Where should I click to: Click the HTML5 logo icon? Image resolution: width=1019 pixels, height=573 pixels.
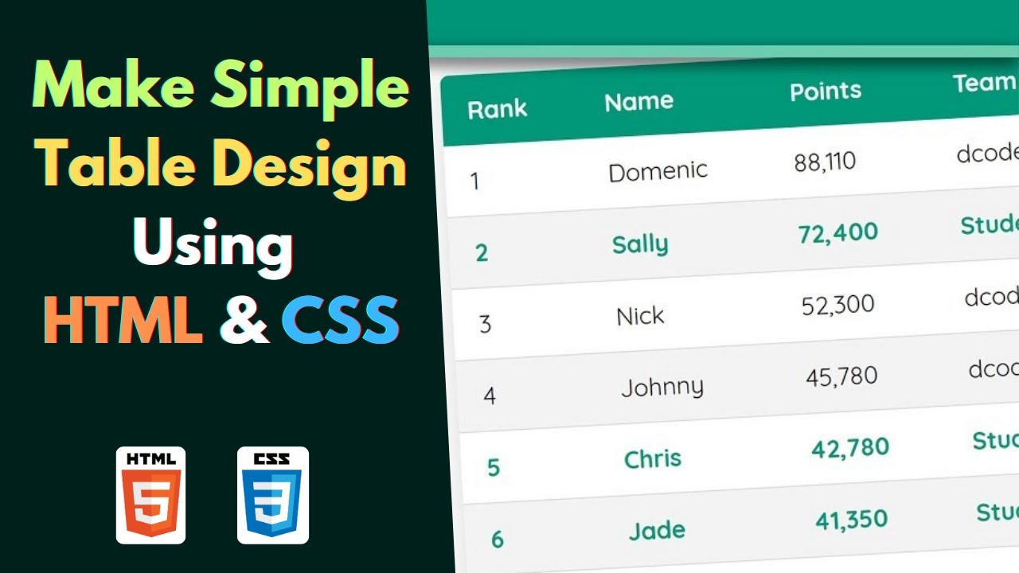150,495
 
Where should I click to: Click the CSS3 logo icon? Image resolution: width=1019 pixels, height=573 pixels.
273,495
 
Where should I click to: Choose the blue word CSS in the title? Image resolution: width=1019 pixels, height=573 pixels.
340,321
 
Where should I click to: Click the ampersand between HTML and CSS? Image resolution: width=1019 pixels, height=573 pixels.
244,321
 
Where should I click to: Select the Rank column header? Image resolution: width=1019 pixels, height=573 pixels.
497,109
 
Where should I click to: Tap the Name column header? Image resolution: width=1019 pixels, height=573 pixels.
638,102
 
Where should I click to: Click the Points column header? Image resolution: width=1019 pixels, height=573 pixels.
826,91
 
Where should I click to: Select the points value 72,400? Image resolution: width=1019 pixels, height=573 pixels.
837,233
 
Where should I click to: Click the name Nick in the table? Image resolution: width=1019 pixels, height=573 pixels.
640,316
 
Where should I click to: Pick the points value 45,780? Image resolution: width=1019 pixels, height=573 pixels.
841,376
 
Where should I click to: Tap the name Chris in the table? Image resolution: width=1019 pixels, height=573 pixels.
652,458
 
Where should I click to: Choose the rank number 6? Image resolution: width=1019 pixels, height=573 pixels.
498,540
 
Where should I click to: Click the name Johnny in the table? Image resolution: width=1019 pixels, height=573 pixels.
662,388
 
